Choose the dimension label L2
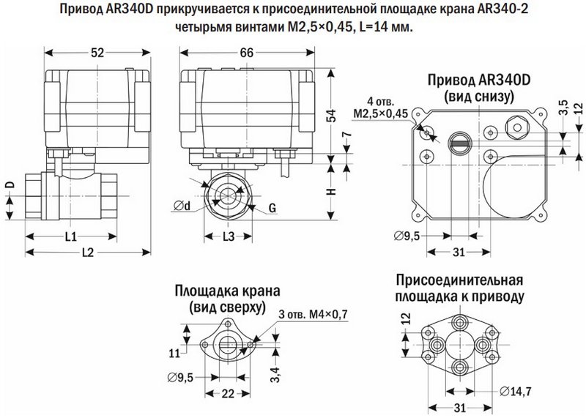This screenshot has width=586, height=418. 87,253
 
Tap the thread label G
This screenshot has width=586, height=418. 272,209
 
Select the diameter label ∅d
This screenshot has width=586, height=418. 183,206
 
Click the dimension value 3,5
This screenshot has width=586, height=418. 563,108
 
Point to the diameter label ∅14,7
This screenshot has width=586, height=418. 517,391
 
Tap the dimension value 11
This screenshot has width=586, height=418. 174,353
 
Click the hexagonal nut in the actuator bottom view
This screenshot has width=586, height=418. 518,127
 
